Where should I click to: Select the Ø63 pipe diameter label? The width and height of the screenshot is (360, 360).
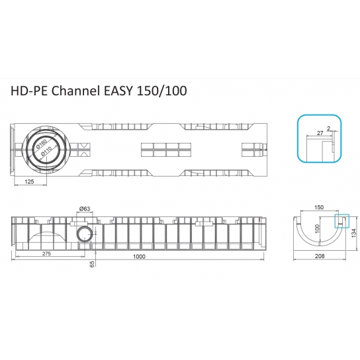tap(84, 209)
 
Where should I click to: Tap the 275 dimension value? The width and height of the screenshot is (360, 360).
tap(46, 253)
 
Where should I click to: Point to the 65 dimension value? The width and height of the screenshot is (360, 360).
tap(92, 263)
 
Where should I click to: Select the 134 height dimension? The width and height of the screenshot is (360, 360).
tap(355, 233)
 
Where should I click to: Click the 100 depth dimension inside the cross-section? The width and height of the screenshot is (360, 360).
tap(317, 229)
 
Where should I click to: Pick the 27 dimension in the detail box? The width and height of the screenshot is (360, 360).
tap(321, 133)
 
